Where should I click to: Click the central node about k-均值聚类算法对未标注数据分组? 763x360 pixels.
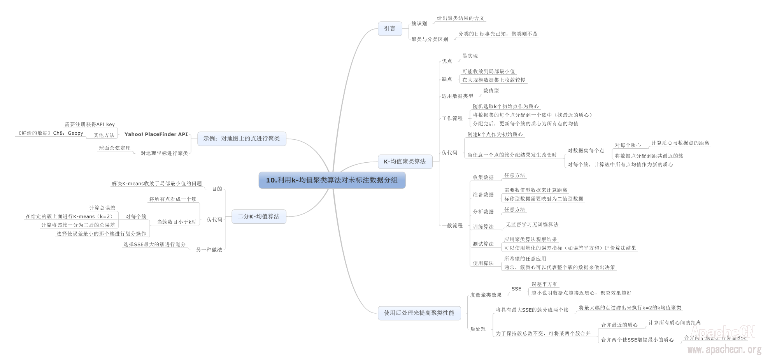[x=332, y=180]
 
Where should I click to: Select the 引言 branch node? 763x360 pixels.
[x=389, y=28]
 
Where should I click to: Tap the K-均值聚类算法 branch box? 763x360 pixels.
[x=405, y=162]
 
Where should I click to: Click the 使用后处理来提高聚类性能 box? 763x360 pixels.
[x=419, y=313]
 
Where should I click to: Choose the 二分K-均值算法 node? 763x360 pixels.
[x=258, y=216]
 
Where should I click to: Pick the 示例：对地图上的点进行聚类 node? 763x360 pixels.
[x=241, y=139]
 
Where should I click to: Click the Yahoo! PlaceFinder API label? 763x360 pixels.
[x=156, y=134]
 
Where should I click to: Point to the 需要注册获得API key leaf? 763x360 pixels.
[x=89, y=125]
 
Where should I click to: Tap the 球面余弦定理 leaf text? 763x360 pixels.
[x=115, y=148]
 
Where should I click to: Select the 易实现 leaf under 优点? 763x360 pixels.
[x=470, y=56]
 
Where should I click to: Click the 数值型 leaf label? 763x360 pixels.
[x=491, y=91]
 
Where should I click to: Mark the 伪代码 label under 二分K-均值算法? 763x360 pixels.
[x=214, y=220]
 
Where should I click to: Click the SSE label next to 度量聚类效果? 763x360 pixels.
[x=516, y=289]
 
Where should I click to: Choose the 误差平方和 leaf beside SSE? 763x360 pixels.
[x=544, y=284]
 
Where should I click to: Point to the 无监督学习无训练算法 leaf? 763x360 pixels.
[x=532, y=225]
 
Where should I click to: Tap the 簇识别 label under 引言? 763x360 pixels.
[x=419, y=24]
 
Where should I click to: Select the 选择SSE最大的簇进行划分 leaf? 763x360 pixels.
[x=154, y=245]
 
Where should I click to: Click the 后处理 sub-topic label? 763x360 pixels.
[x=478, y=329]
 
